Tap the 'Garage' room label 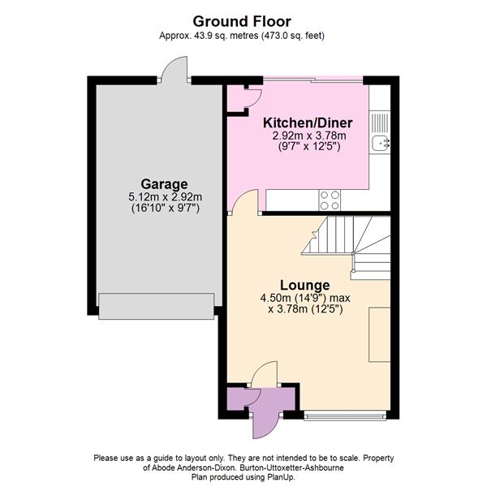[164, 184]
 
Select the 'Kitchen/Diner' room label [307, 123]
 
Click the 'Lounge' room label [304, 285]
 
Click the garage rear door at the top [175, 72]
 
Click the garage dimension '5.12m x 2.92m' [164, 196]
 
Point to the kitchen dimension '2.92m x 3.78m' [308, 136]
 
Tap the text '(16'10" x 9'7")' [164, 209]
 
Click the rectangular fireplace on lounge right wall [380, 334]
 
